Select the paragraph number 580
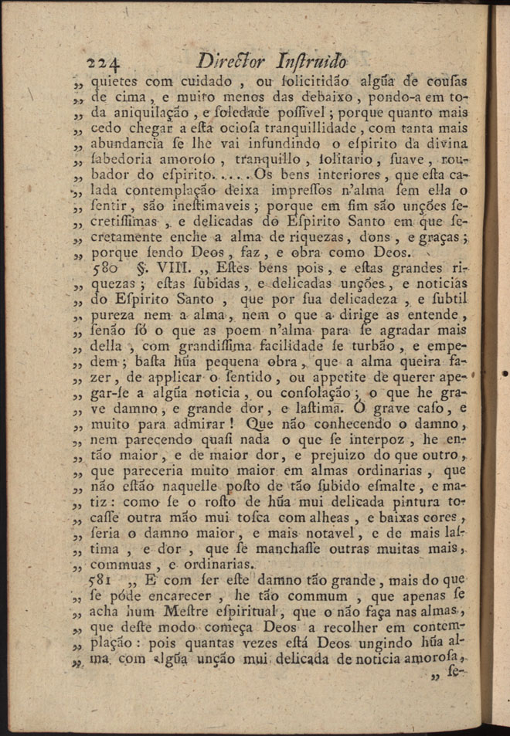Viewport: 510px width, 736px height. pyautogui.click(x=104, y=272)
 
